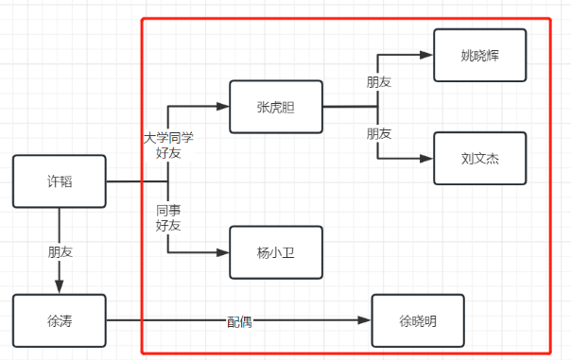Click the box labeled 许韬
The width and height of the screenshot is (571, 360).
click(x=59, y=181)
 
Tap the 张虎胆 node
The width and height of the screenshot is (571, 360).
click(x=276, y=107)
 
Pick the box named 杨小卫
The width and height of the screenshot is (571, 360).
click(x=276, y=252)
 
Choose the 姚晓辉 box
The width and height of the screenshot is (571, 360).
click(x=480, y=55)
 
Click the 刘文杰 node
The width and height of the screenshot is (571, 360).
click(x=480, y=158)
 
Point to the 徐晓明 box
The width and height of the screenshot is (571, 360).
click(x=419, y=321)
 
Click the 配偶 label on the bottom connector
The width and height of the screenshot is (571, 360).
click(x=239, y=321)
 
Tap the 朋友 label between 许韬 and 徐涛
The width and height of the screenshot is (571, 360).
click(x=60, y=253)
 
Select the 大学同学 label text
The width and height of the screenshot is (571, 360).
click(x=168, y=138)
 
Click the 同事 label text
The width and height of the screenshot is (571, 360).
click(x=168, y=210)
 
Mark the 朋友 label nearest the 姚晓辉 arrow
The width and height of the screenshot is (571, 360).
click(x=379, y=82)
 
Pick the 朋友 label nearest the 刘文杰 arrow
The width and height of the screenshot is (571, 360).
click(x=379, y=133)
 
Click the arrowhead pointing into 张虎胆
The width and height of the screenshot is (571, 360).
click(x=223, y=107)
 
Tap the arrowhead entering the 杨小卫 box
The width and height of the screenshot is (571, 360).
click(x=223, y=252)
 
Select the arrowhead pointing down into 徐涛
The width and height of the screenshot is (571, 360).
click(x=60, y=287)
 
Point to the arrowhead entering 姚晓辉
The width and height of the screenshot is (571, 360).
click(x=427, y=55)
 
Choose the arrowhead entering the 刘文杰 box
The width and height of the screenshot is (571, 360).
click(x=427, y=158)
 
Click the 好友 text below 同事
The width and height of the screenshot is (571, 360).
click(x=168, y=225)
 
